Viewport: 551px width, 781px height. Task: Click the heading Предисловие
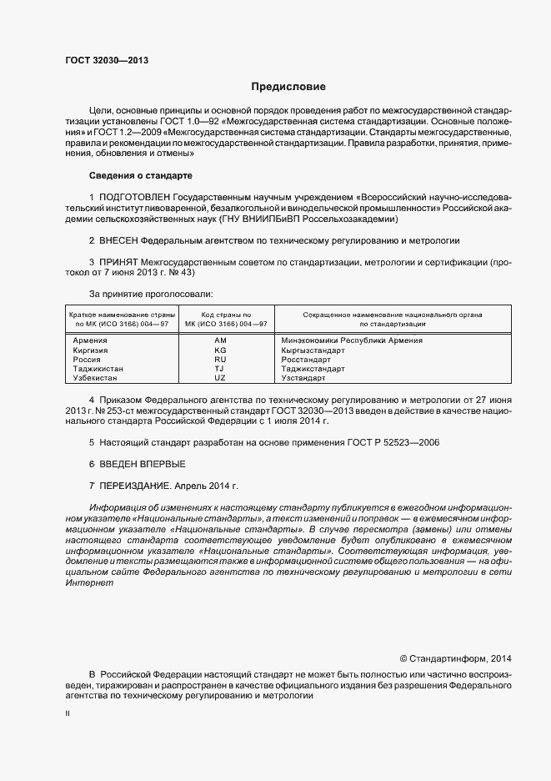click(288, 87)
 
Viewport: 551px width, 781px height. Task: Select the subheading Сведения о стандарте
click(140, 176)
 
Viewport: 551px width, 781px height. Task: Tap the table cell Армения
click(90, 340)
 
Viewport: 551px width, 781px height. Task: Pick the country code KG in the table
click(220, 350)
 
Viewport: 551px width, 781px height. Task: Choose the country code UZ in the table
click(220, 378)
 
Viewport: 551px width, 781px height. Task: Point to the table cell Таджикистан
click(98, 369)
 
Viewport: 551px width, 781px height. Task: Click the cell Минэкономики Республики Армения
click(352, 340)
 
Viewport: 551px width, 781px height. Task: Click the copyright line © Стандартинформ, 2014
click(456, 658)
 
